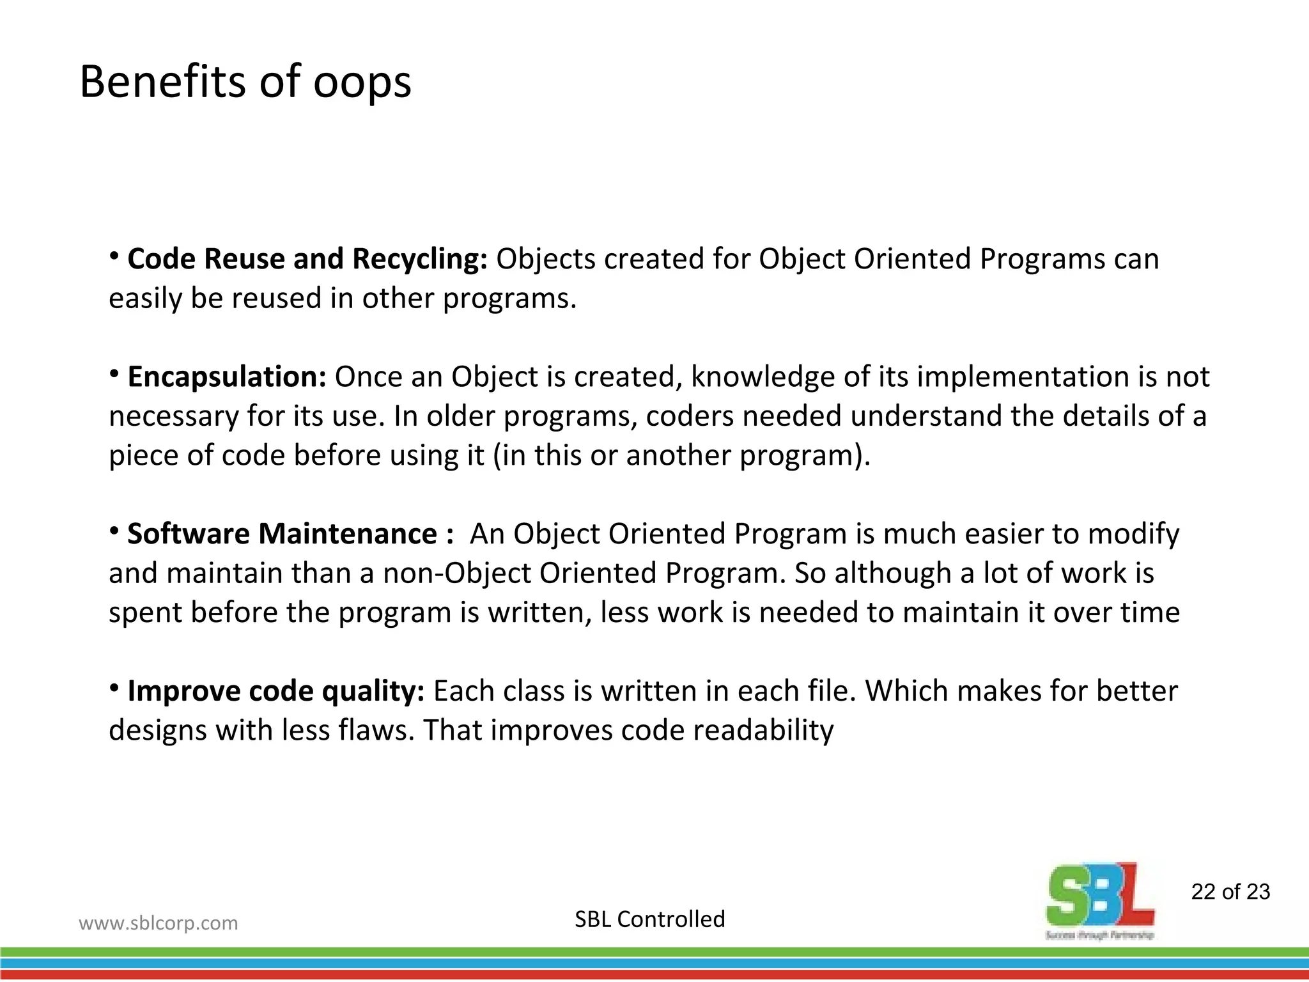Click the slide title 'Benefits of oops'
coord(245,82)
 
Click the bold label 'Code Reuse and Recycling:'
coord(307,259)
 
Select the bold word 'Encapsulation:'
coord(227,377)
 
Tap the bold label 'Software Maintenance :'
coord(290,534)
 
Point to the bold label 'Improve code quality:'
coord(275,691)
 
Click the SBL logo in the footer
coord(1100,898)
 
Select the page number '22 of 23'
coord(1230,892)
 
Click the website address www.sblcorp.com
coord(158,923)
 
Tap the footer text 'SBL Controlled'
coord(649,919)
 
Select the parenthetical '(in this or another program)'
coord(682,456)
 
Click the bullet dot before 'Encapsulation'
coord(114,373)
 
